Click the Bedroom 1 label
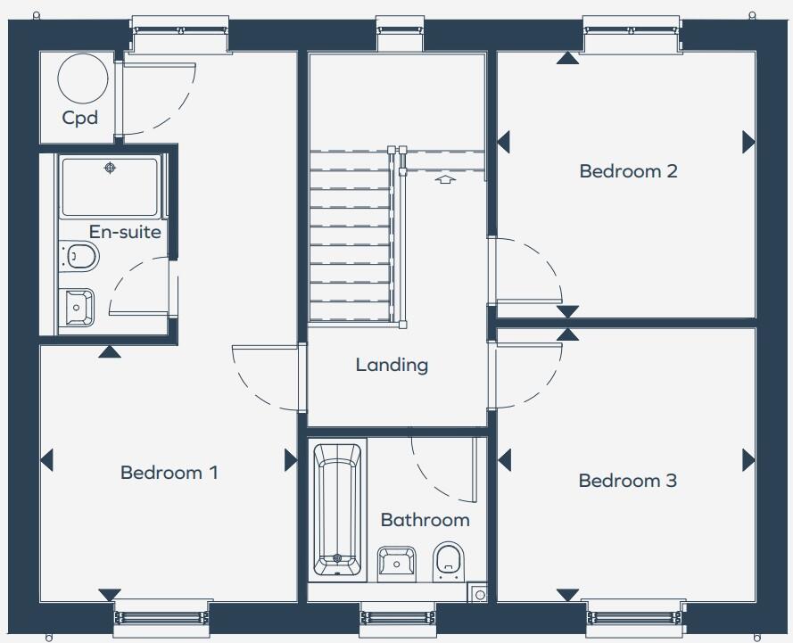tap(169, 473)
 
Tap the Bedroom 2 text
tap(628, 171)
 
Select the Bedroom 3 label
tap(627, 482)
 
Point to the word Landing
tap(392, 365)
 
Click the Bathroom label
tap(425, 520)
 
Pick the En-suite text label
tap(125, 233)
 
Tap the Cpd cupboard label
tap(79, 118)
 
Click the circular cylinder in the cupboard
tap(82, 78)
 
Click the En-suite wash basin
tap(78, 306)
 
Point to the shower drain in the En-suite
tap(110, 168)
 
